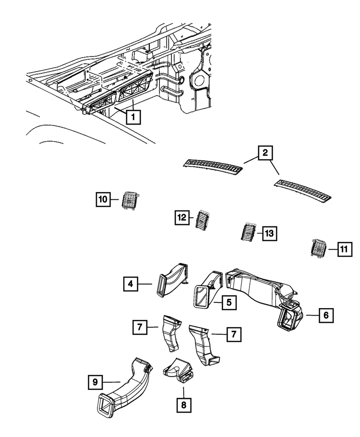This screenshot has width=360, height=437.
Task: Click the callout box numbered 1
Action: coord(133,118)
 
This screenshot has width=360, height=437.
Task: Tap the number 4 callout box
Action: coord(130,284)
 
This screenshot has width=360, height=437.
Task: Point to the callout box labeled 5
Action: coord(228,302)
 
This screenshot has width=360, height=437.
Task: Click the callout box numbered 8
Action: coord(183,405)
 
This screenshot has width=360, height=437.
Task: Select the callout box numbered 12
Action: coord(182,217)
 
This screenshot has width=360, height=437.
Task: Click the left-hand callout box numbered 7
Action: coord(139,326)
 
